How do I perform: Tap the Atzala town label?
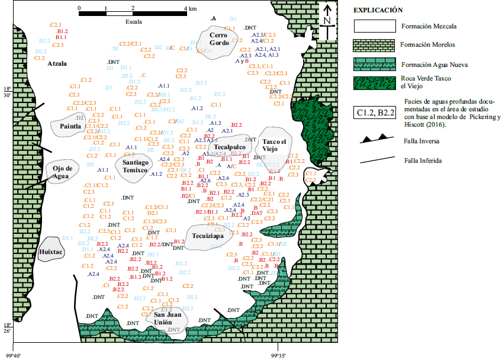(x=57, y=63)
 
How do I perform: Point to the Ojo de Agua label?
(x=62, y=172)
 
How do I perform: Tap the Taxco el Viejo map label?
(x=274, y=145)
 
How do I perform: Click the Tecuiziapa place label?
(x=208, y=236)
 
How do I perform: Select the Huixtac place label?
(x=51, y=252)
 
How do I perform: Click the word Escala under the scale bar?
(x=133, y=21)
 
